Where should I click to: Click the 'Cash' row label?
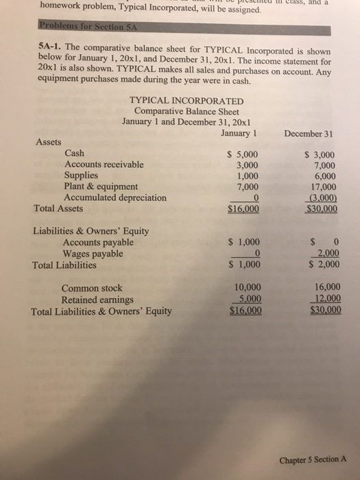pyautogui.click(x=75, y=154)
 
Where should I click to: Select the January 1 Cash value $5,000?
pyautogui.click(x=242, y=154)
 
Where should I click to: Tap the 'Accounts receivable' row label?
pyautogui.click(x=104, y=165)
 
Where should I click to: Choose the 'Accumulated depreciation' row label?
pyautogui.click(x=115, y=197)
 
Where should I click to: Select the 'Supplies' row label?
pyautogui.click(x=81, y=176)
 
